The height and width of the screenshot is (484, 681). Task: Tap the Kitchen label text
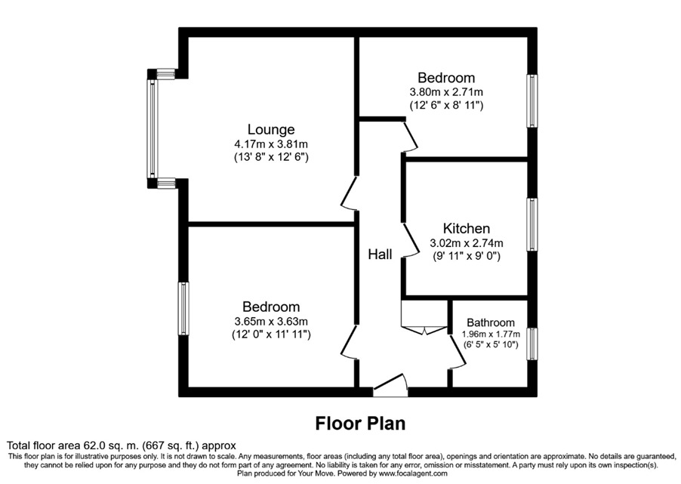click(x=466, y=229)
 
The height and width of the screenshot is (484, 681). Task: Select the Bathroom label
click(x=490, y=322)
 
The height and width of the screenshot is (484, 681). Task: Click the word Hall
click(x=380, y=255)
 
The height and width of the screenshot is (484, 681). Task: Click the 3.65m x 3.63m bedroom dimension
click(x=271, y=321)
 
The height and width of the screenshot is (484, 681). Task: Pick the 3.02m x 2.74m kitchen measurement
click(x=466, y=243)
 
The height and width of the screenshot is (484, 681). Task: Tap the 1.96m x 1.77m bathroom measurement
click(x=490, y=335)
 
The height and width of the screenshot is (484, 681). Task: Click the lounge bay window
click(x=152, y=129)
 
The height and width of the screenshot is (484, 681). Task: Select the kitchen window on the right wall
click(x=532, y=224)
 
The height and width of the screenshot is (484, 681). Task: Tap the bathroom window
click(x=532, y=344)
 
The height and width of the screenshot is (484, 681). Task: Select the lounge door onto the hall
click(x=348, y=193)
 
